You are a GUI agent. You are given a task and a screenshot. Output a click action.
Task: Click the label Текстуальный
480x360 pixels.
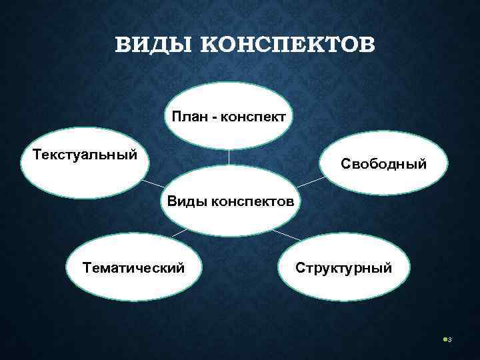coord(85,155)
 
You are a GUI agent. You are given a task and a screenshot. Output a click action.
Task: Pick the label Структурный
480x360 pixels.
coord(344,268)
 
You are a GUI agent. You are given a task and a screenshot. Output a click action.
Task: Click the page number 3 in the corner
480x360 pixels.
coord(450,341)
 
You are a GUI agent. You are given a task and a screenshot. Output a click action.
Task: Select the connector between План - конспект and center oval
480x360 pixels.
coord(229,157)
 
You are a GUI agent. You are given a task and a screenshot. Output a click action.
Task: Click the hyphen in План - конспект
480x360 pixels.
coord(215,117)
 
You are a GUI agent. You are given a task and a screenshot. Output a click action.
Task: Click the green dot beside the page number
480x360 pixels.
coord(445,340)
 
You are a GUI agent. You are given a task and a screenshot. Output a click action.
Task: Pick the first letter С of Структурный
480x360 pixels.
coord(300,268)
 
